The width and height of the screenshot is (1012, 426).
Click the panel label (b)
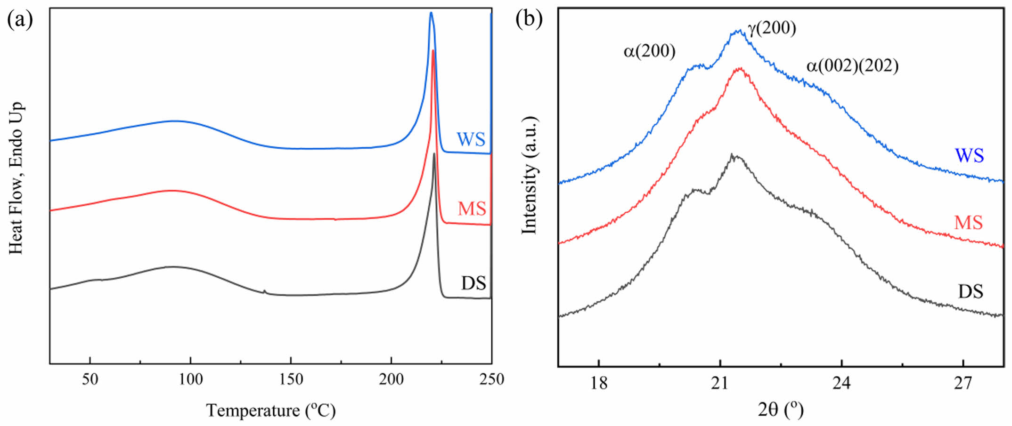point(529,19)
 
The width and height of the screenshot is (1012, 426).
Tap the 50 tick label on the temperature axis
point(90,379)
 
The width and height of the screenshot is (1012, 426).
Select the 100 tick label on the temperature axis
point(190,379)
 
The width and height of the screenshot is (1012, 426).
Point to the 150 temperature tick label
point(291,379)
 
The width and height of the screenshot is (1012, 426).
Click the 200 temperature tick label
point(391,379)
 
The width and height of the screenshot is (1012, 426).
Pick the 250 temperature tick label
point(491,379)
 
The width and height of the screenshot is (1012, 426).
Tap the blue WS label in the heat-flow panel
point(471,139)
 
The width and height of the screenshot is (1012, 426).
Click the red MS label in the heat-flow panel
point(472,209)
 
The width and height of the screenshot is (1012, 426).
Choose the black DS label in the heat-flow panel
point(473,283)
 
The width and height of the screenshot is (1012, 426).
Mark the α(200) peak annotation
point(649,51)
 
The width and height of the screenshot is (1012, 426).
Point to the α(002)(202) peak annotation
point(852,66)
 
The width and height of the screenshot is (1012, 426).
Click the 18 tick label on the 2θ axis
point(598,384)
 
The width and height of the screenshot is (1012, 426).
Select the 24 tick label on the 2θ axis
point(841,384)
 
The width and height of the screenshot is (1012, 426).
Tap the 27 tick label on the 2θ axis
point(963,384)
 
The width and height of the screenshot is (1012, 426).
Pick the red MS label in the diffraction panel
point(969,223)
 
